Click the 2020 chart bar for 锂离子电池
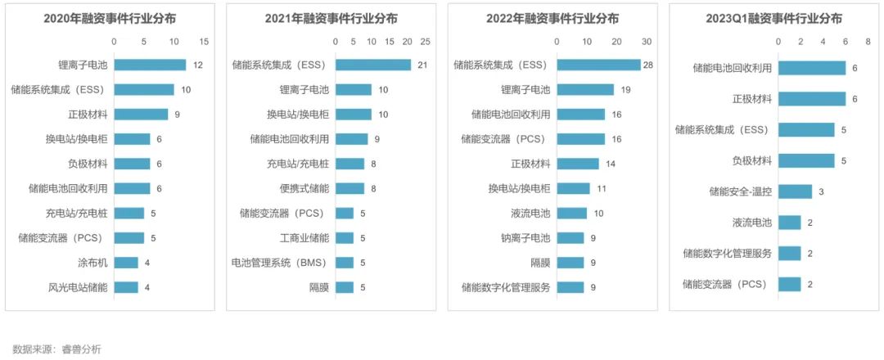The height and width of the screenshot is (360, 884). click(150, 65)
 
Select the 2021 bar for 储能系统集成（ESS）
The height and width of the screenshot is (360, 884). click(373, 65)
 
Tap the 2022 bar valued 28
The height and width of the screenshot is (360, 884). click(598, 65)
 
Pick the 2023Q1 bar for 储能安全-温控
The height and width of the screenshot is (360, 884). click(795, 191)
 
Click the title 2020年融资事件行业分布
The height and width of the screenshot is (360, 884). click(110, 18)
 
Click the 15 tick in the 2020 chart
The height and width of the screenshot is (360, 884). click(204, 41)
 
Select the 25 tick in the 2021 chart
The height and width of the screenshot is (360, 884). click(425, 41)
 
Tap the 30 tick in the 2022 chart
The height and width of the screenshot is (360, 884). click(646, 41)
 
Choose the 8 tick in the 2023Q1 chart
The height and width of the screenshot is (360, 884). click(868, 41)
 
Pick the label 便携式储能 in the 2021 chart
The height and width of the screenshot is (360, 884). click(304, 188)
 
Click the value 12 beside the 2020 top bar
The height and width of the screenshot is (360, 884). click(197, 65)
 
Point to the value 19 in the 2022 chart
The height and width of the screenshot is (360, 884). click(625, 90)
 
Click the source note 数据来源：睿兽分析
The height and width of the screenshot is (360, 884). click(56, 349)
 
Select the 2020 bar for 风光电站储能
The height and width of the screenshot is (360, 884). click(126, 287)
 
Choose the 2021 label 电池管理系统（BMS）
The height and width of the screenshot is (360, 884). click(280, 263)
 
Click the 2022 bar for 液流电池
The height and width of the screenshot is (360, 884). click(571, 213)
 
